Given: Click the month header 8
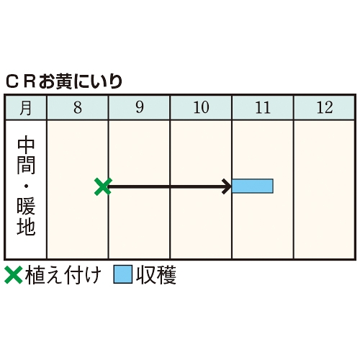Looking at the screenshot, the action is click(78, 107).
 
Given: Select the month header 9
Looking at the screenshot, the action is click(140, 107).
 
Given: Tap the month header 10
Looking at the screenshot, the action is click(201, 107).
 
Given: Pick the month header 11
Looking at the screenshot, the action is click(263, 107).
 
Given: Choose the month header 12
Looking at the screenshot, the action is click(325, 107).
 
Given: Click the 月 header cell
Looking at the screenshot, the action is click(26, 107).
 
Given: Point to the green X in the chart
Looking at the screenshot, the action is click(103, 186).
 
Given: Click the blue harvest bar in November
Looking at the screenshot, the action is click(253, 186).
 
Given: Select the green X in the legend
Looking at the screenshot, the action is click(14, 275).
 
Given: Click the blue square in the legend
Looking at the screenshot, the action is click(123, 274).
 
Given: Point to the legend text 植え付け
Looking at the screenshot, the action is click(63, 275).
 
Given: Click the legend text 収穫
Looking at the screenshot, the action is click(156, 275).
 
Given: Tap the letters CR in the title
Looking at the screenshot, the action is click(21, 82).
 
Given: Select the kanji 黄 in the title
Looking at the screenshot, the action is click(64, 82).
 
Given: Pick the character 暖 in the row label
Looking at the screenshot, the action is click(26, 206).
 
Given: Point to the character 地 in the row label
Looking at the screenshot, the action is click(26, 226).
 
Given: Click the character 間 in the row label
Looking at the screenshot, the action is click(26, 165).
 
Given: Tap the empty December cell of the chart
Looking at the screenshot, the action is click(324, 189).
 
